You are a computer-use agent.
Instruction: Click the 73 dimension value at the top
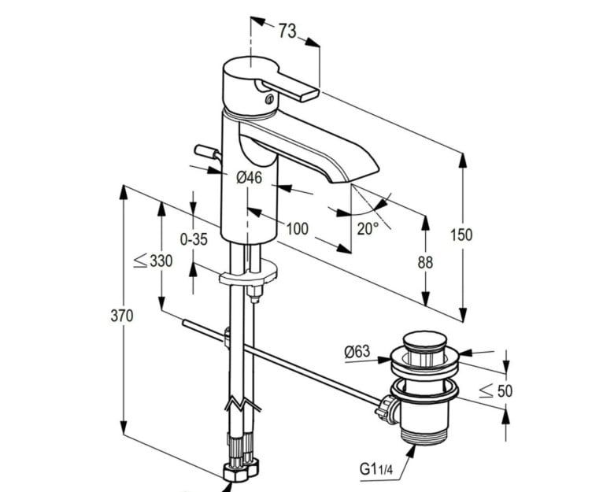click(287, 31)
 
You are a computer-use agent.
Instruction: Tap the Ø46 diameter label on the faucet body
click(250, 177)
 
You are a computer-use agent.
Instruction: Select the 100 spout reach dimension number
click(298, 229)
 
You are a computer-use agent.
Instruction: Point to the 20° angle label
click(368, 229)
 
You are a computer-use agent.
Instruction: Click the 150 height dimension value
click(461, 235)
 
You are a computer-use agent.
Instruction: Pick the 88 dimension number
click(425, 262)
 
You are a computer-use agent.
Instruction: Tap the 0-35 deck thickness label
click(194, 239)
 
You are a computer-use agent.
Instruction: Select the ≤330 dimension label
click(153, 261)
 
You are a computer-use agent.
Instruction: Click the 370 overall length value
click(122, 316)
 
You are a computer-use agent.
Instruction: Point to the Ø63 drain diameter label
click(357, 351)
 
